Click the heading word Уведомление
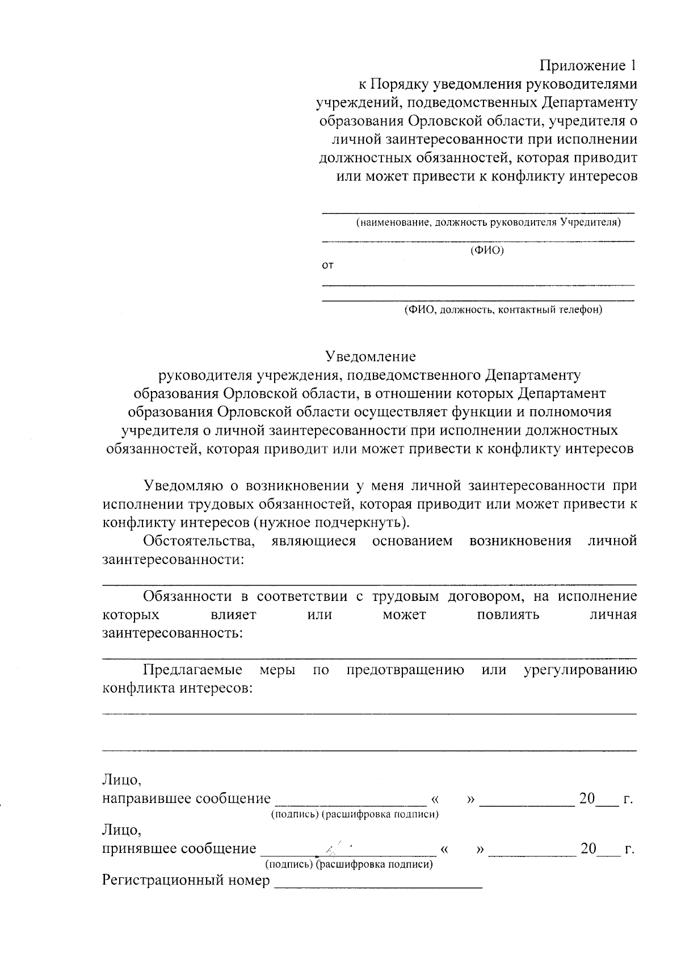coord(370,356)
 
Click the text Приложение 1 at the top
coord(588,65)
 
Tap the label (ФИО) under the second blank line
coord(486,250)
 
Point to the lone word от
coord(327,265)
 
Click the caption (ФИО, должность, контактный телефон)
coord(503,310)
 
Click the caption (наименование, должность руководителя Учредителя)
coord(488,222)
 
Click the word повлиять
coord(508,615)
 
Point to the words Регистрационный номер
coord(186,881)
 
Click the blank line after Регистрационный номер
coord(378,886)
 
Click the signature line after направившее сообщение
coord(350,804)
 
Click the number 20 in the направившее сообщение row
coord(587,798)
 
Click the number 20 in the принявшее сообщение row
coord(588,848)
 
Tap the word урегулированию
coord(579,670)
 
